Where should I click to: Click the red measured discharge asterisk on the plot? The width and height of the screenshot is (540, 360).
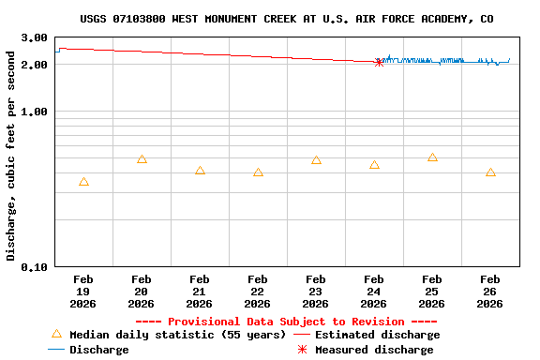click(379, 62)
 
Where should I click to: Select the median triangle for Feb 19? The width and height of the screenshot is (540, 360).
click(83, 182)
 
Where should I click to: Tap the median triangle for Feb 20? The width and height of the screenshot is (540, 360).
click(142, 159)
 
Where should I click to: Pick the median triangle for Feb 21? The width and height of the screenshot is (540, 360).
click(200, 171)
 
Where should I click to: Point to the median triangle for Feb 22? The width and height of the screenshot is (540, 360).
click(258, 172)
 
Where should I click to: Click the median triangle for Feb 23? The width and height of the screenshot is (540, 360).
click(316, 160)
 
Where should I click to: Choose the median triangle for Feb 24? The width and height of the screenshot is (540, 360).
click(374, 165)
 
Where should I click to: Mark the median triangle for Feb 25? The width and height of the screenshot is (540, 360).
click(432, 157)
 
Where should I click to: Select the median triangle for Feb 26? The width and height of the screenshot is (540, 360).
click(490, 172)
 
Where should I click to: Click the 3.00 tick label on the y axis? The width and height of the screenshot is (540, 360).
click(35, 38)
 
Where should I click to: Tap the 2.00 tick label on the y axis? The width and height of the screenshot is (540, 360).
click(35, 66)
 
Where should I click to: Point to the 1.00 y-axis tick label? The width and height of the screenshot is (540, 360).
click(35, 112)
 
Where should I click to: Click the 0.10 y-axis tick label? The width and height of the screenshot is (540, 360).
click(35, 267)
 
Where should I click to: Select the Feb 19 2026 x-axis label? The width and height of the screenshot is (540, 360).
click(83, 292)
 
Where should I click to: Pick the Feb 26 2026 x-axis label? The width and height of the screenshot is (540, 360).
click(490, 292)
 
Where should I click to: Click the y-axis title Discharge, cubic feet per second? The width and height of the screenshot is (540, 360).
click(11, 156)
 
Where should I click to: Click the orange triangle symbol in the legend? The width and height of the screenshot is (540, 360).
click(56, 334)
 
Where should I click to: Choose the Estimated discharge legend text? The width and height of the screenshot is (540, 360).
click(377, 335)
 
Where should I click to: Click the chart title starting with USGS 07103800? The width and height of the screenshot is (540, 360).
click(286, 19)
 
